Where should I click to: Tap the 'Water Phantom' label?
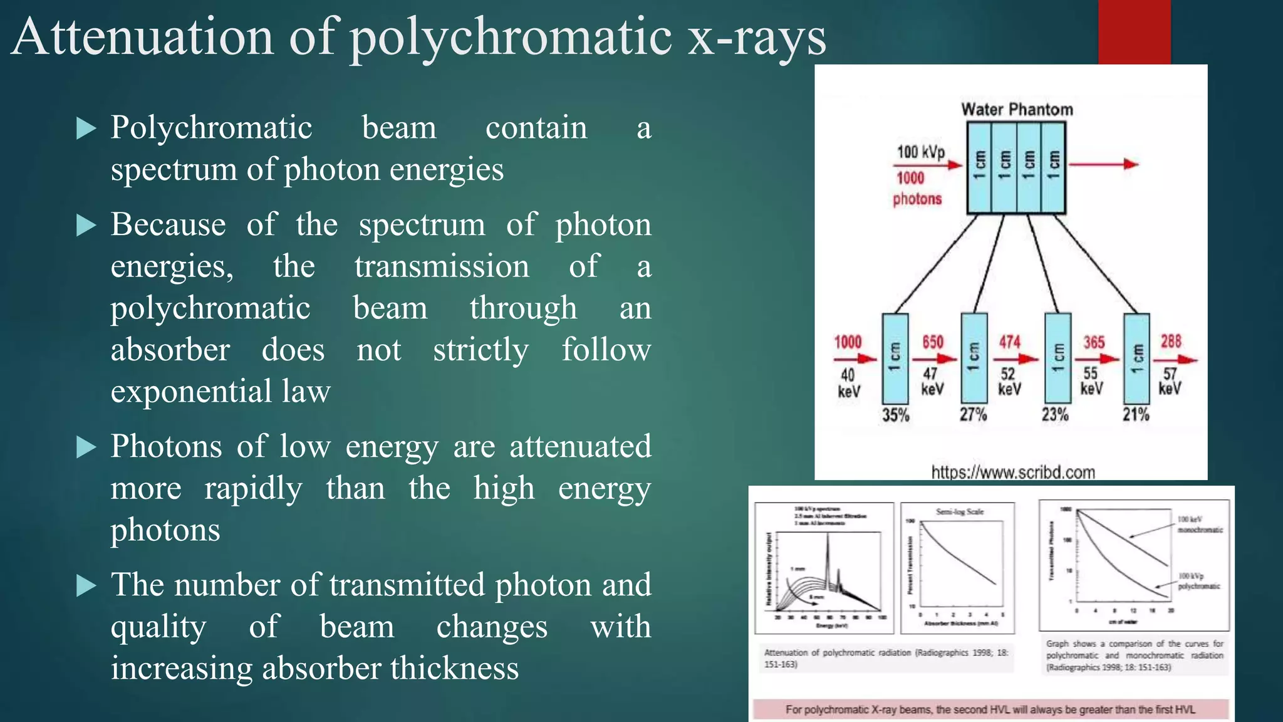coord(1017,110)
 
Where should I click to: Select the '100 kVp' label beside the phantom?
coord(920,152)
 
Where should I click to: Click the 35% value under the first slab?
coord(895,415)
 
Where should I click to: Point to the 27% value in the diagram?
coord(973,414)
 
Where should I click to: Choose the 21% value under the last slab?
coord(1135,414)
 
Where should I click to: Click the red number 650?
coord(932,342)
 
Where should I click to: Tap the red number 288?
coord(1170,342)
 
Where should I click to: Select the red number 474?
coord(1009,342)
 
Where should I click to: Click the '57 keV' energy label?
coord(1170,381)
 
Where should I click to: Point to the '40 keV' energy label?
coord(848,383)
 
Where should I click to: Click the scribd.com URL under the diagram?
coord(1013,472)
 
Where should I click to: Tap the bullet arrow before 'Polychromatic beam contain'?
coord(86,128)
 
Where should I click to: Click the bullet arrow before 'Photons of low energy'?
coord(86,447)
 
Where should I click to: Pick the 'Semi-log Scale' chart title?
coord(960,511)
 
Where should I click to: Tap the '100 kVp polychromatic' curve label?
coord(1198,581)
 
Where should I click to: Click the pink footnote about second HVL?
coord(990,709)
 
